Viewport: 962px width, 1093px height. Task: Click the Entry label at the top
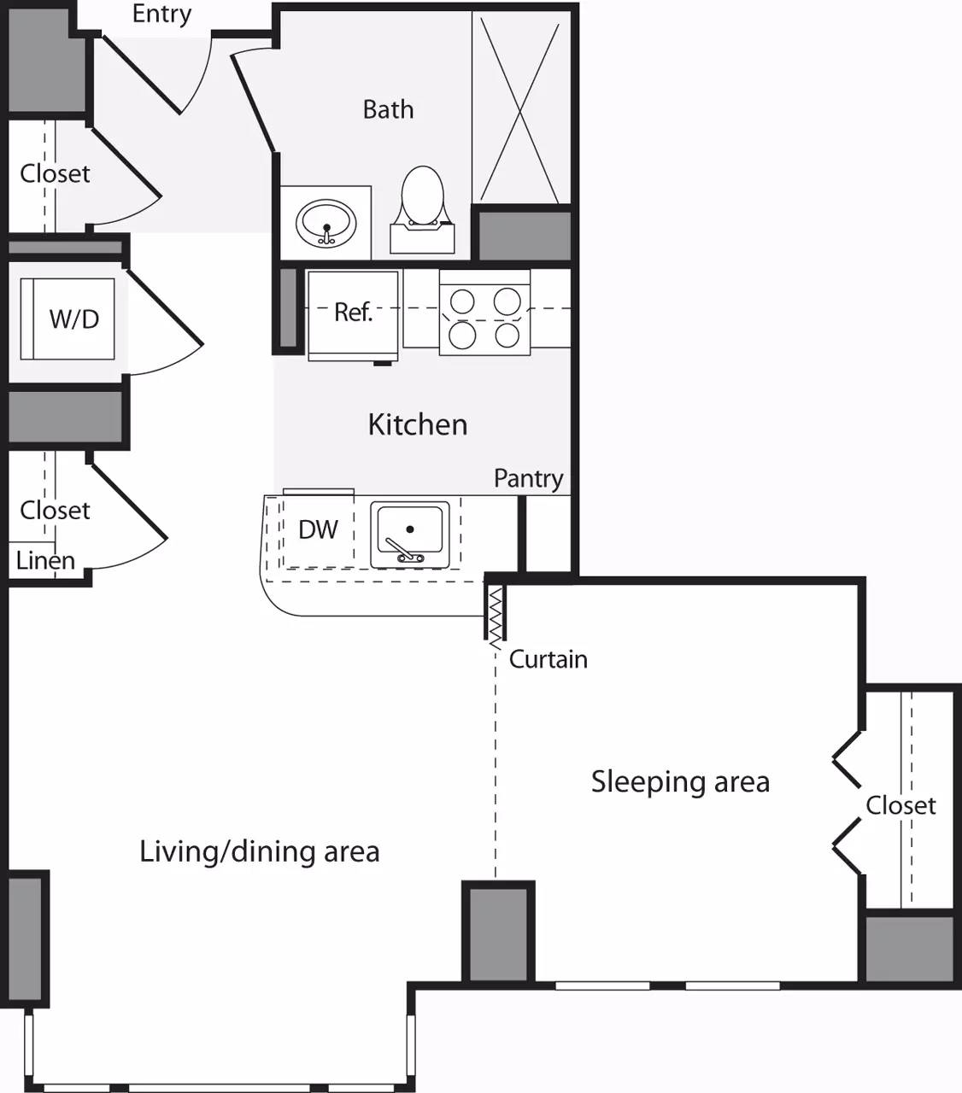(x=161, y=15)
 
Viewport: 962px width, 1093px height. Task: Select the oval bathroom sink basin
(x=326, y=223)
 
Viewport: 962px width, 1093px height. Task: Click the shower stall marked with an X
(x=520, y=108)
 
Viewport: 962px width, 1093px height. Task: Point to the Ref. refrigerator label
(x=353, y=313)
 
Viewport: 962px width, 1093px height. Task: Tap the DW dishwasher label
(x=318, y=529)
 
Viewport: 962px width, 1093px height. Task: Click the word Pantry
(x=528, y=479)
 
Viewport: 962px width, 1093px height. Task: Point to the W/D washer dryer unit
(x=73, y=319)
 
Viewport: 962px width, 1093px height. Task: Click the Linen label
(x=45, y=561)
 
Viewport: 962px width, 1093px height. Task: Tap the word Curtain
(x=548, y=659)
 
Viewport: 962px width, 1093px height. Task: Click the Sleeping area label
(x=680, y=781)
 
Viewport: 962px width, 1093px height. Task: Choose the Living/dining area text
(x=259, y=851)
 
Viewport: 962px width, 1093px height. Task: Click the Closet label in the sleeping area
(x=900, y=805)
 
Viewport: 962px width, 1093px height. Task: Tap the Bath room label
(x=388, y=109)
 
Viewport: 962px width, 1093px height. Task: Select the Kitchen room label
(x=417, y=424)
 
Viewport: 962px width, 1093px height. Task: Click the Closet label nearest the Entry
(x=55, y=173)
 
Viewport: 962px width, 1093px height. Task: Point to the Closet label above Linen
(x=55, y=510)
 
